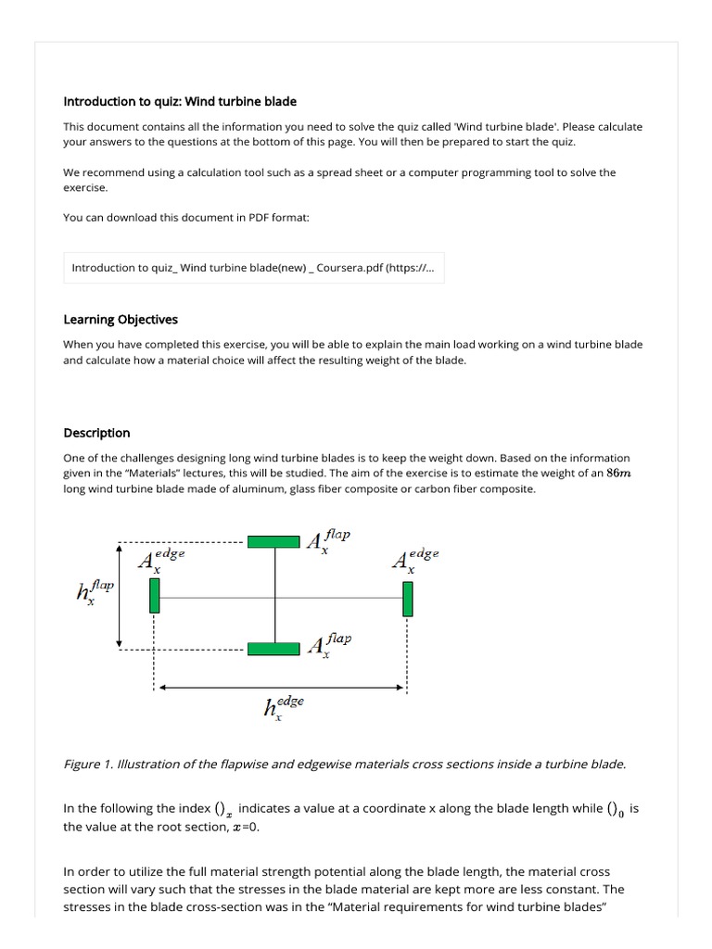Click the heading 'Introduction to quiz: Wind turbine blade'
pos(180,101)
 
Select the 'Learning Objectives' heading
pos(121,320)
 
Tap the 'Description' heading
pos(96,433)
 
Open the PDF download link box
pos(253,268)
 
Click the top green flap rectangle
pos(274,541)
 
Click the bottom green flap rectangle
pos(274,648)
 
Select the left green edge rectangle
pos(155,595)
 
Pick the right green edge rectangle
pos(407,598)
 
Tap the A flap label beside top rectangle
pos(328,540)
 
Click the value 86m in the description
pos(617,474)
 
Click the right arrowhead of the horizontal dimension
pos(401,688)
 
